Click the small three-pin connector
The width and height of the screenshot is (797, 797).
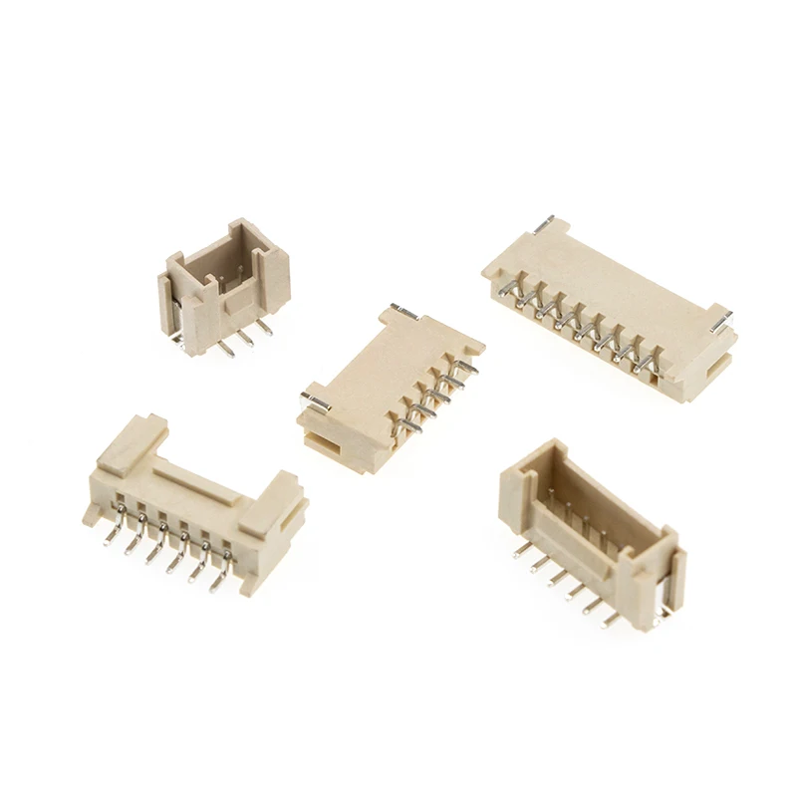point(223,284)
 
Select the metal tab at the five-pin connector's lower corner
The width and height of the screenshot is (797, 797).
point(317,401)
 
